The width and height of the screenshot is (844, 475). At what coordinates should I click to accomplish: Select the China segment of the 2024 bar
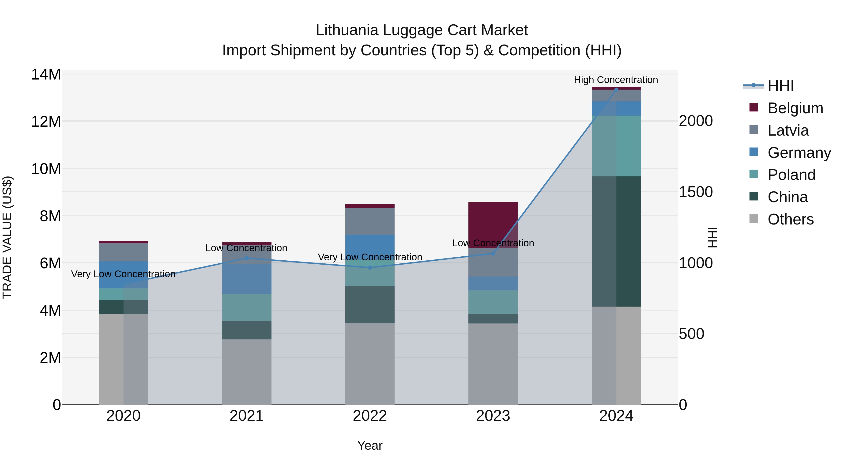[616, 241]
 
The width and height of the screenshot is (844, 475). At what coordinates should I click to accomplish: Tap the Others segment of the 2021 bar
[246, 372]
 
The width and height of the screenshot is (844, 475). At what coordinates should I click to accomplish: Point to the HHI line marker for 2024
[616, 89]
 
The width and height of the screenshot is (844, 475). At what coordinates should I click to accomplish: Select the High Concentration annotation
[616, 80]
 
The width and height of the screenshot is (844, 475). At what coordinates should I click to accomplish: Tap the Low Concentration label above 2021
[246, 248]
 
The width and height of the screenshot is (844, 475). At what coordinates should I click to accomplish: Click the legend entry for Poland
[791, 175]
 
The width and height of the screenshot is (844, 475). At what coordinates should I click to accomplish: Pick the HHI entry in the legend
[780, 86]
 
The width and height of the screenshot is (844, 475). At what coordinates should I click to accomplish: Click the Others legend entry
[790, 219]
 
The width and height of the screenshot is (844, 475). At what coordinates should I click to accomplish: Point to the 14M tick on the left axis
[46, 74]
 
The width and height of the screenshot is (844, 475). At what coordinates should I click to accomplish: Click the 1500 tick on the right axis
[696, 192]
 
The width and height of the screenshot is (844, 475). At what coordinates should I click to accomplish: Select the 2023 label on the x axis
[493, 416]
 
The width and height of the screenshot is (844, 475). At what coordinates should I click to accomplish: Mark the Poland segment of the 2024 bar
[616, 146]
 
